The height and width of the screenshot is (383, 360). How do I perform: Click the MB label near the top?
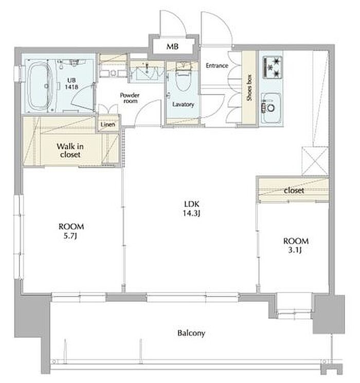pyautogui.click(x=173, y=46)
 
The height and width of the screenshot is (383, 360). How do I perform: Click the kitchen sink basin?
pyautogui.click(x=271, y=107)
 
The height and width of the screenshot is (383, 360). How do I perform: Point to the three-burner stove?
pyautogui.click(x=272, y=67)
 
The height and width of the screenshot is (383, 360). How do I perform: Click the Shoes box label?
pyautogui.click(x=249, y=88)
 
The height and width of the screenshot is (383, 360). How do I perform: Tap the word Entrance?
pyautogui.click(x=217, y=65)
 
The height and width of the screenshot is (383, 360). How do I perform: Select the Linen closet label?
pyautogui.click(x=108, y=124)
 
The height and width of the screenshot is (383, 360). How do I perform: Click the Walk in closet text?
pyautogui.click(x=70, y=150)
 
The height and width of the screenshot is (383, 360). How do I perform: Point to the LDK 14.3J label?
pyautogui.click(x=192, y=208)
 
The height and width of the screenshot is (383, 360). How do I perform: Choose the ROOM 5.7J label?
pyautogui.click(x=71, y=231)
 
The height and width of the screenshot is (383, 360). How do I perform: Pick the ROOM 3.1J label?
pyautogui.click(x=296, y=246)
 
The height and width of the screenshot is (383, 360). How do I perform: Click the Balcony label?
pyautogui.click(x=191, y=333)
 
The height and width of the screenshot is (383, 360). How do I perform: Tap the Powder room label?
pyautogui.click(x=130, y=98)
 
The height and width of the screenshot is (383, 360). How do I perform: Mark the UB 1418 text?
pyautogui.click(x=71, y=83)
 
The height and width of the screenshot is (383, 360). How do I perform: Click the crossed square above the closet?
pyautogui.click(x=315, y=161)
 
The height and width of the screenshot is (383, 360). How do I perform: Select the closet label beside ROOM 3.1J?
pyautogui.click(x=294, y=190)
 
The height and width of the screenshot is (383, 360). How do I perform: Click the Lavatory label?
pyautogui.click(x=183, y=104)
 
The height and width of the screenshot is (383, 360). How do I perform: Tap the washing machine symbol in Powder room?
pyautogui.click(x=113, y=72)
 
